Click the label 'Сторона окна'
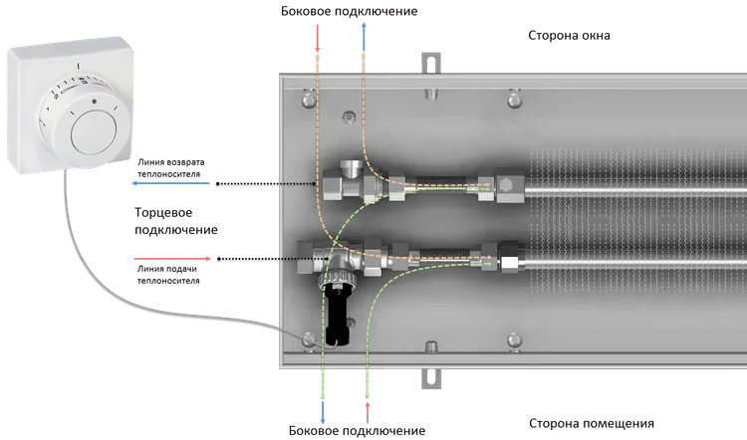[x=569, y=36]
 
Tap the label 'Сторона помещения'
[x=592, y=423]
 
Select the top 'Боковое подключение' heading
[x=350, y=11]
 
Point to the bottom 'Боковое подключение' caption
[x=357, y=431]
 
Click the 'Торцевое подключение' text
[x=175, y=221]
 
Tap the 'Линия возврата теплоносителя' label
[x=171, y=168]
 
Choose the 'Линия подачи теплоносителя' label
[x=168, y=275]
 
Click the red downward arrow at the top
[x=318, y=38]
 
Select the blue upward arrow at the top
[x=364, y=37]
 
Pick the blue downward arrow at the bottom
[x=323, y=412]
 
